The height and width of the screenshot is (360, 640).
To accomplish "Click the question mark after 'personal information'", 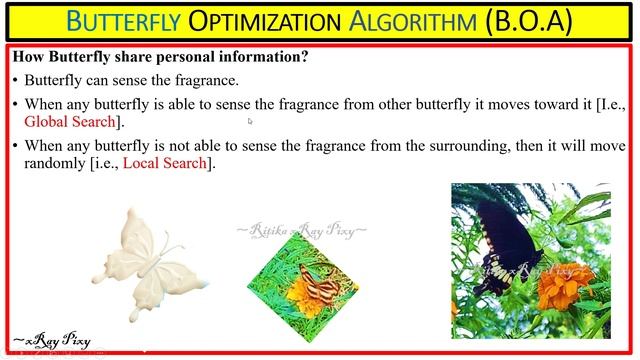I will (x=304, y=58).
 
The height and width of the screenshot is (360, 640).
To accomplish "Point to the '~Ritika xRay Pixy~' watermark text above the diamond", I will (x=301, y=231).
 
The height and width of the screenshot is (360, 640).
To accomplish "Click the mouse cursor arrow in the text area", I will (x=251, y=122).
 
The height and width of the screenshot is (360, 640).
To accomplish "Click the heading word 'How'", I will (x=27, y=58).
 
